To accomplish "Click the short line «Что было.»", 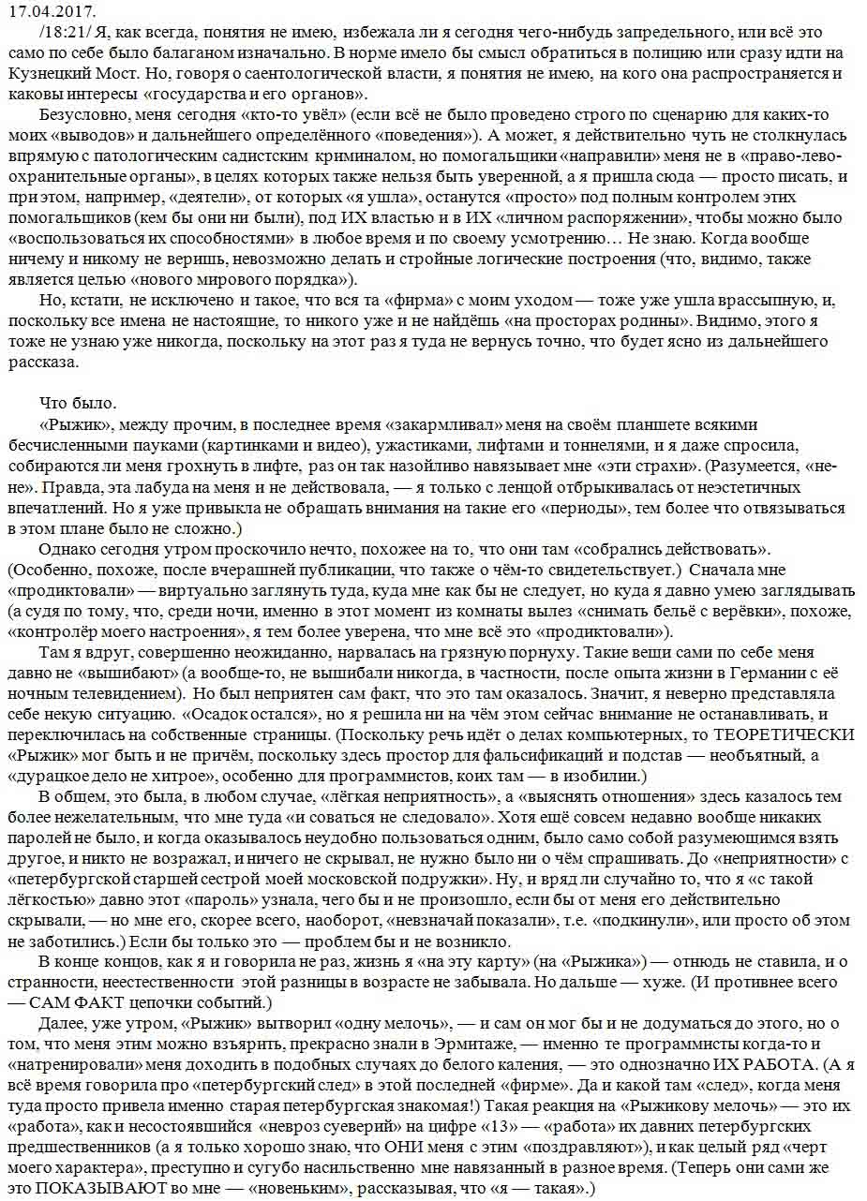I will point(79,404).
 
